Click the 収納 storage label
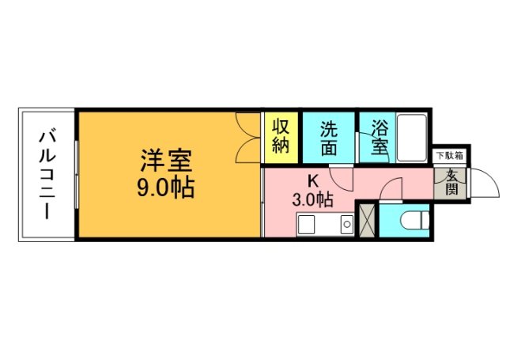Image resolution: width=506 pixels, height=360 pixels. pyautogui.click(x=281, y=136)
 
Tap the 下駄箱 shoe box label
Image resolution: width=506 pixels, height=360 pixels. pyautogui.click(x=449, y=156)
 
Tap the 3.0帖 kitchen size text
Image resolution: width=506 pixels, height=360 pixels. pyautogui.click(x=312, y=200)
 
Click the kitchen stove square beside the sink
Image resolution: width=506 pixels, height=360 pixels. pyautogui.click(x=346, y=227)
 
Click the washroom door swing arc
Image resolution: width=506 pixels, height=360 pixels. pyautogui.click(x=339, y=176)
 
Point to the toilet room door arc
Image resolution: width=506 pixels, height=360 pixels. pyautogui.click(x=393, y=191)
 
